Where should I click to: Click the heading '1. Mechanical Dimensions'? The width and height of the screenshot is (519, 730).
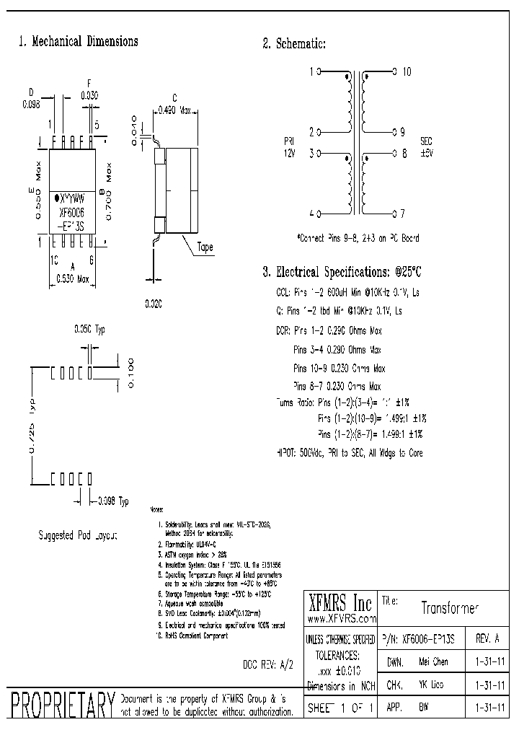click(x=78, y=42)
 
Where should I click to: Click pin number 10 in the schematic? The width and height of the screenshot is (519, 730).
click(x=407, y=71)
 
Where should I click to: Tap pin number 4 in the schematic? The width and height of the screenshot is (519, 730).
click(x=311, y=214)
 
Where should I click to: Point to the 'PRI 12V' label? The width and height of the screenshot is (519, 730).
click(x=289, y=148)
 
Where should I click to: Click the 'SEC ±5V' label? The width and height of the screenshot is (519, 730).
click(x=427, y=148)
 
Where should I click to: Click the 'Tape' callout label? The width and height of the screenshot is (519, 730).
click(x=205, y=247)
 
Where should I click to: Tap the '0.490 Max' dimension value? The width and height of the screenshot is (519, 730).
click(x=174, y=110)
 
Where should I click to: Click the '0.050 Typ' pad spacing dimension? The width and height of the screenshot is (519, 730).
click(x=89, y=330)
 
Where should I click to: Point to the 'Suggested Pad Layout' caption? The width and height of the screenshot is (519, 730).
click(x=77, y=535)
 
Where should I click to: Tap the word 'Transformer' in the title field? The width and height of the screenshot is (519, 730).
click(x=450, y=608)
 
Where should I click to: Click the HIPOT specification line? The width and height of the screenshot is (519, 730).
click(x=350, y=453)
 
